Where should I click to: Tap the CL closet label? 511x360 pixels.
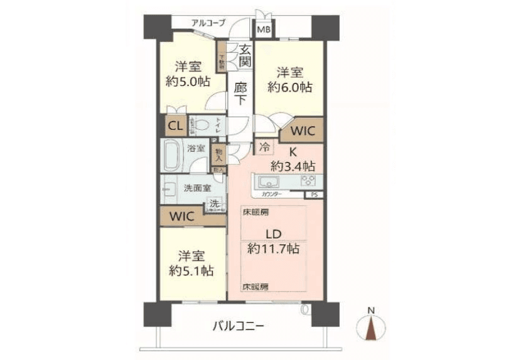coord(175,126)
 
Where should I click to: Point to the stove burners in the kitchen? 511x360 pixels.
coord(308,182)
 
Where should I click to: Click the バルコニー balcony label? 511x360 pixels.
coord(238,326)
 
